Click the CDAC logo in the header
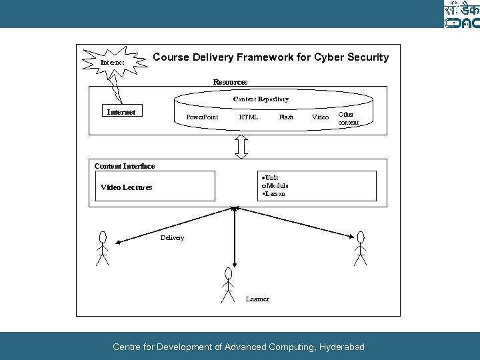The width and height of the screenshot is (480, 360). coord(461,14)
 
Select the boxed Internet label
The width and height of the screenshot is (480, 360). coord(121,112)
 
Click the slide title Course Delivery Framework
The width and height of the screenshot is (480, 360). coord(271,57)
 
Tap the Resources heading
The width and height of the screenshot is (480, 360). coord(230,82)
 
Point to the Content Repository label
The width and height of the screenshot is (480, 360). coord(261,99)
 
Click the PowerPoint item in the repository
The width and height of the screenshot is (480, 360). coord(202,117)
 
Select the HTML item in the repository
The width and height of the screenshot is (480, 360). coord(249,117)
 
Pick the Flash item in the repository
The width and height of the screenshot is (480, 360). coord(286,117)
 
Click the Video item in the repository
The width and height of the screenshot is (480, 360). coord(321,117)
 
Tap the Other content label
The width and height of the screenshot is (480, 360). coord(348,119)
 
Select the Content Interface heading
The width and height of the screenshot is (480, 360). coord(125,166)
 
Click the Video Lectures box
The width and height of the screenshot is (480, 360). coord(155,186)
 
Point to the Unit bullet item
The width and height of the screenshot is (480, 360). coord(271,178)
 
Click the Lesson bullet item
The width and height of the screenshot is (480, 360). coord(274,194)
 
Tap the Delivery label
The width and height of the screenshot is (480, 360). coord(173,238)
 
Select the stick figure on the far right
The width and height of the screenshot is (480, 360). coord(361,248)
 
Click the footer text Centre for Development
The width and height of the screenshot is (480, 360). coord(239,347)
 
